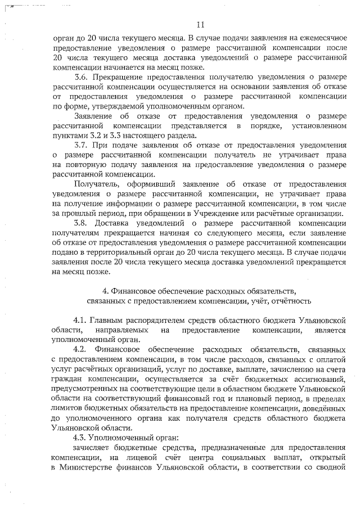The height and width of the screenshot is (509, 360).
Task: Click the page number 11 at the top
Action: (201, 24)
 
